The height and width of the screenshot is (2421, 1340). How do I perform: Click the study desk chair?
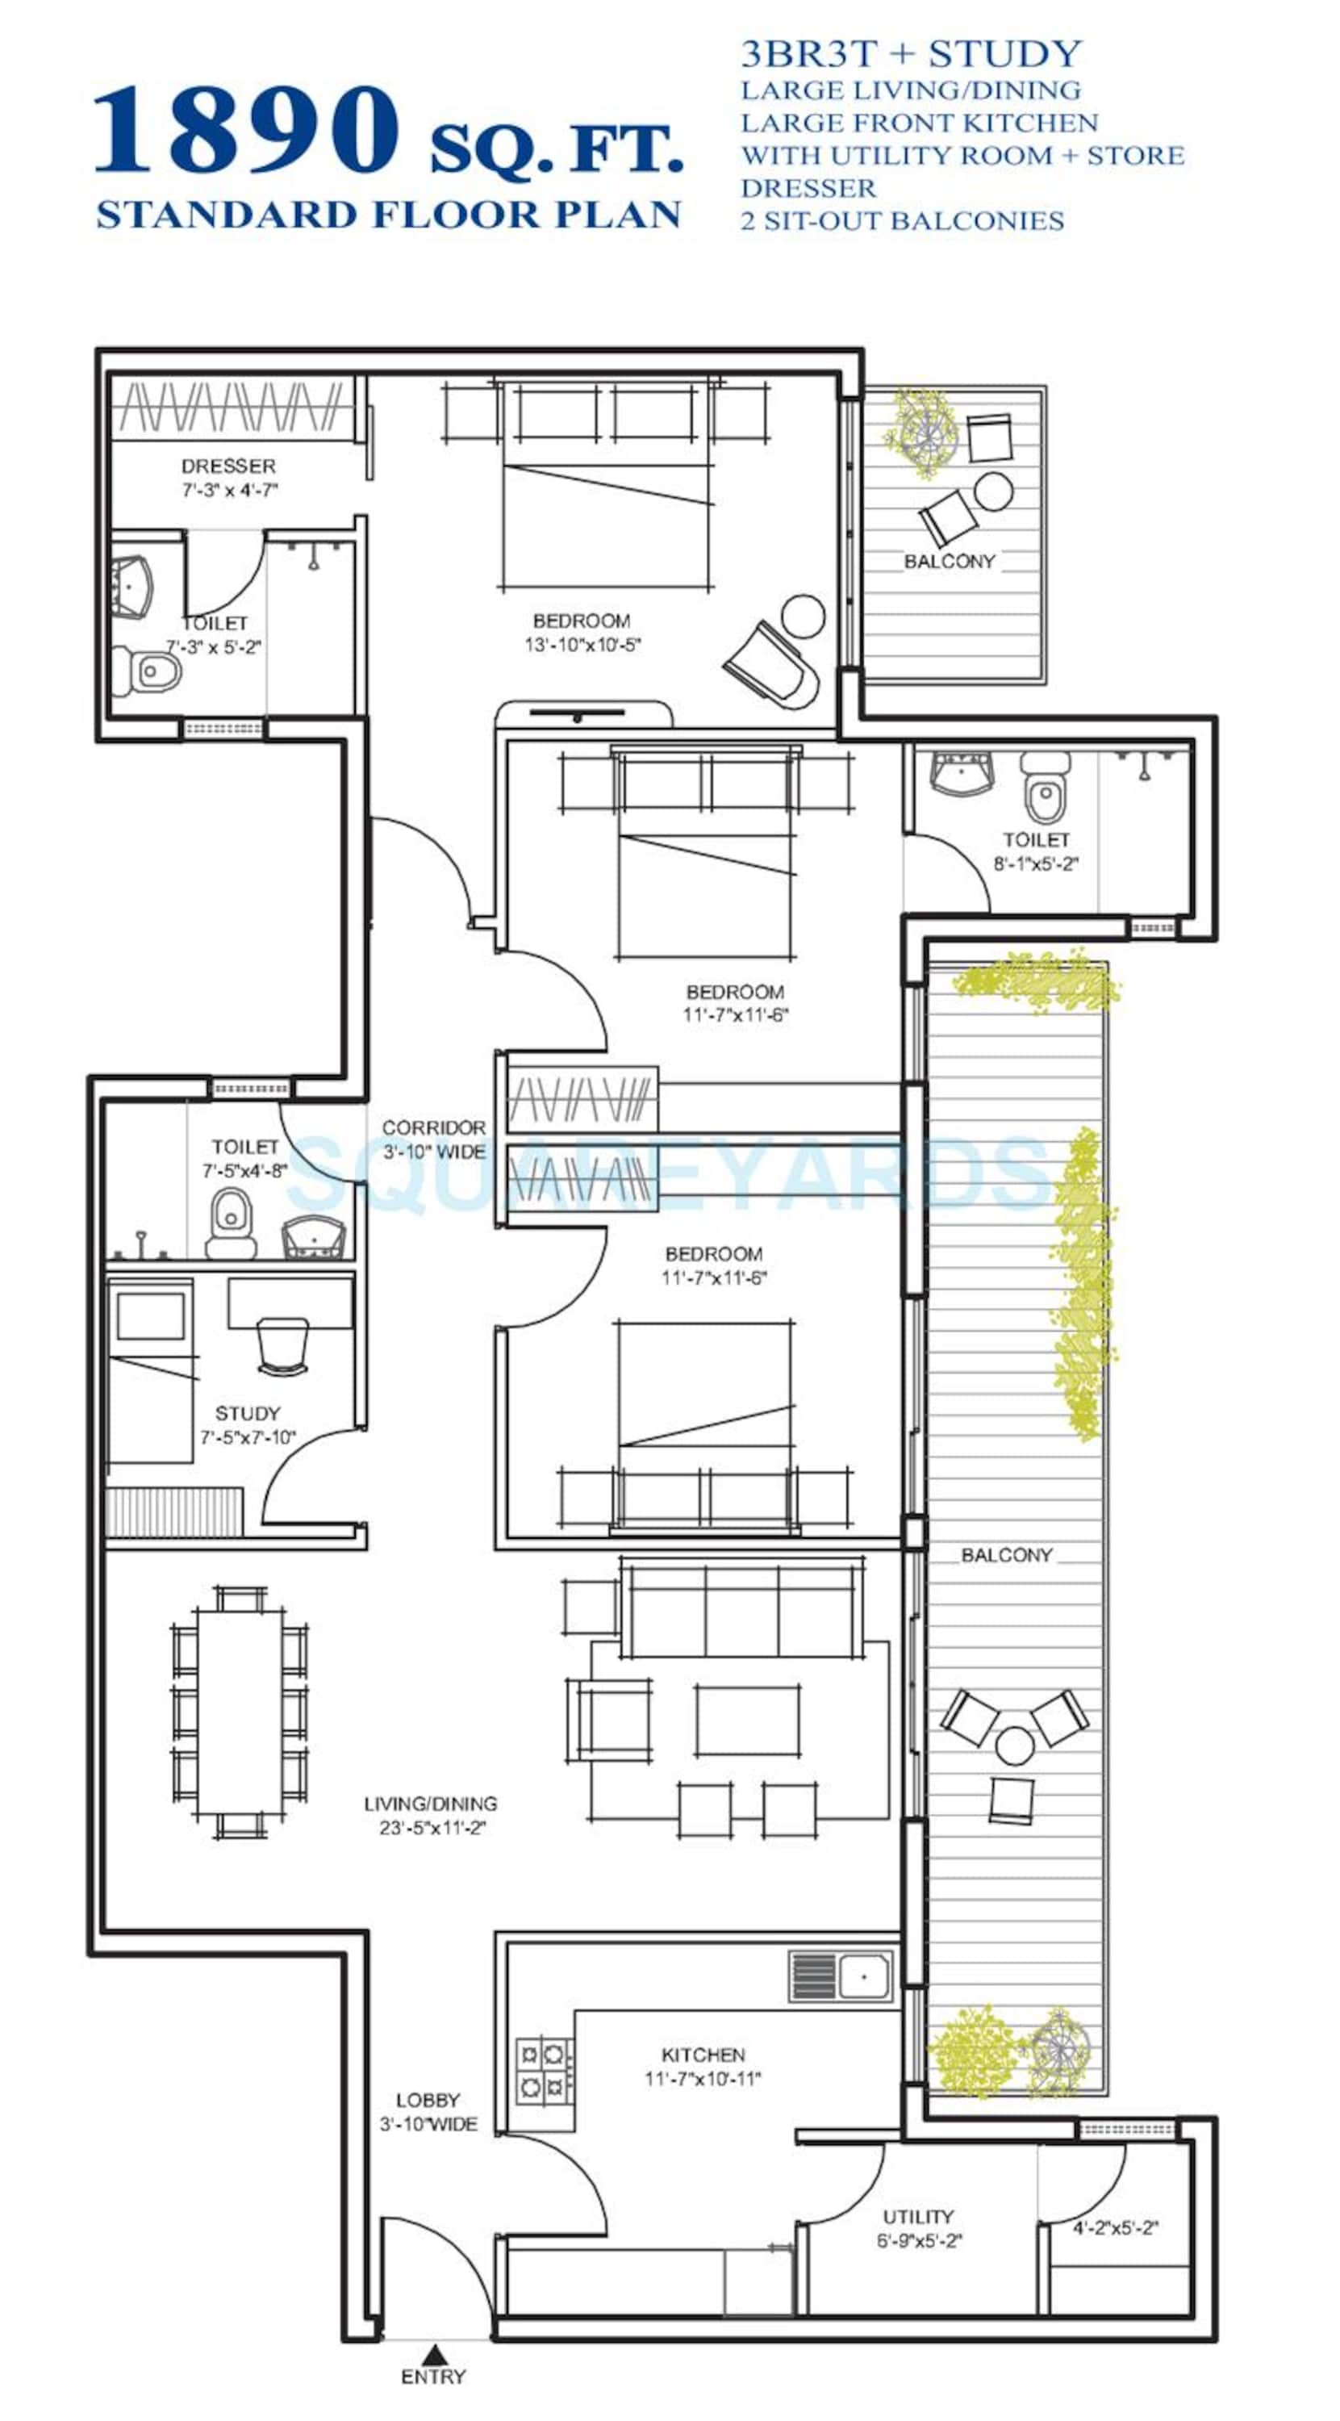point(282,1346)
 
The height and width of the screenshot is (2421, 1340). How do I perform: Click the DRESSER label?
point(228,466)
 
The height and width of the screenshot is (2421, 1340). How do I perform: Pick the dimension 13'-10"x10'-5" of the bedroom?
point(582,645)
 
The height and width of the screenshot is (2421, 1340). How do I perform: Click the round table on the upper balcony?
point(994,491)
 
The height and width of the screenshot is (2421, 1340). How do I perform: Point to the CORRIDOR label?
point(434,1127)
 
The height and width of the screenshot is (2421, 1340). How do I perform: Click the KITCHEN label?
point(703,2055)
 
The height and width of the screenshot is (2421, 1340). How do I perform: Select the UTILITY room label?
point(918,2216)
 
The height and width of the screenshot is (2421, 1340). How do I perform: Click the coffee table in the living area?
point(748,1720)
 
